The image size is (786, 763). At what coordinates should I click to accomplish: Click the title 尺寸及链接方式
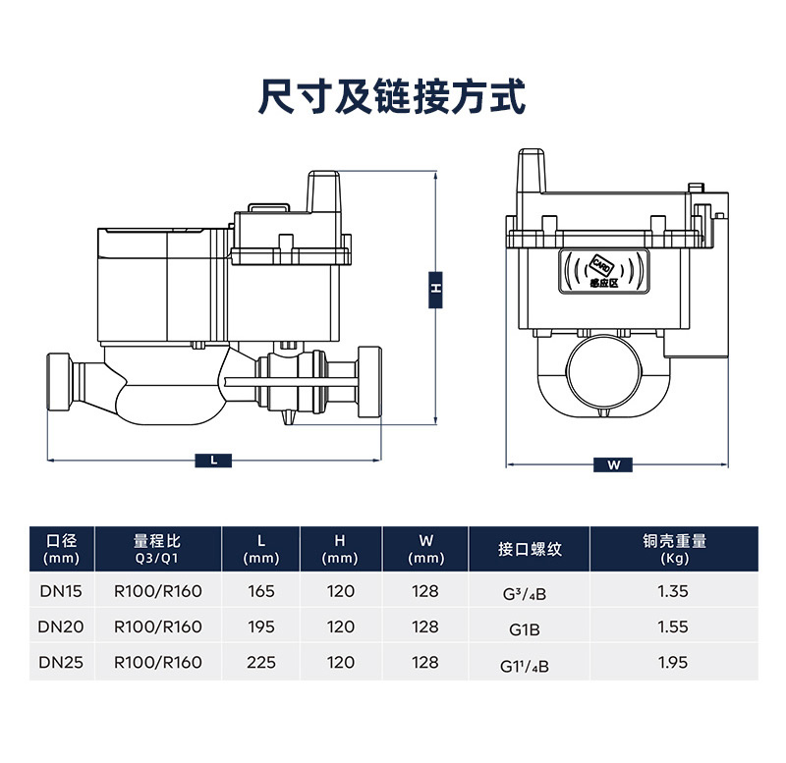point(391,97)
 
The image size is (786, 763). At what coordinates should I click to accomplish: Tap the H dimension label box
point(435,290)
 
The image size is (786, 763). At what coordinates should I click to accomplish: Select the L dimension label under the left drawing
point(214,460)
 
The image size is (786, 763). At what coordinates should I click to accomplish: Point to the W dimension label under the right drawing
point(614,465)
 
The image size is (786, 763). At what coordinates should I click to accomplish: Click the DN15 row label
point(61,592)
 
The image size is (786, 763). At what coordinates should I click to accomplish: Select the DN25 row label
point(61,663)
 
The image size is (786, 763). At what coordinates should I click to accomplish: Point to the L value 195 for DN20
point(261,627)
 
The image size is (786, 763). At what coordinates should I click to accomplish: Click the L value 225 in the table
point(261,663)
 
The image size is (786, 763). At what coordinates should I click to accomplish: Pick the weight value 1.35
point(674,592)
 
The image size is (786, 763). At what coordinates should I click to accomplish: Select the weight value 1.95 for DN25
point(674,663)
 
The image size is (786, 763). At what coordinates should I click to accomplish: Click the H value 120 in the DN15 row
point(340,592)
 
